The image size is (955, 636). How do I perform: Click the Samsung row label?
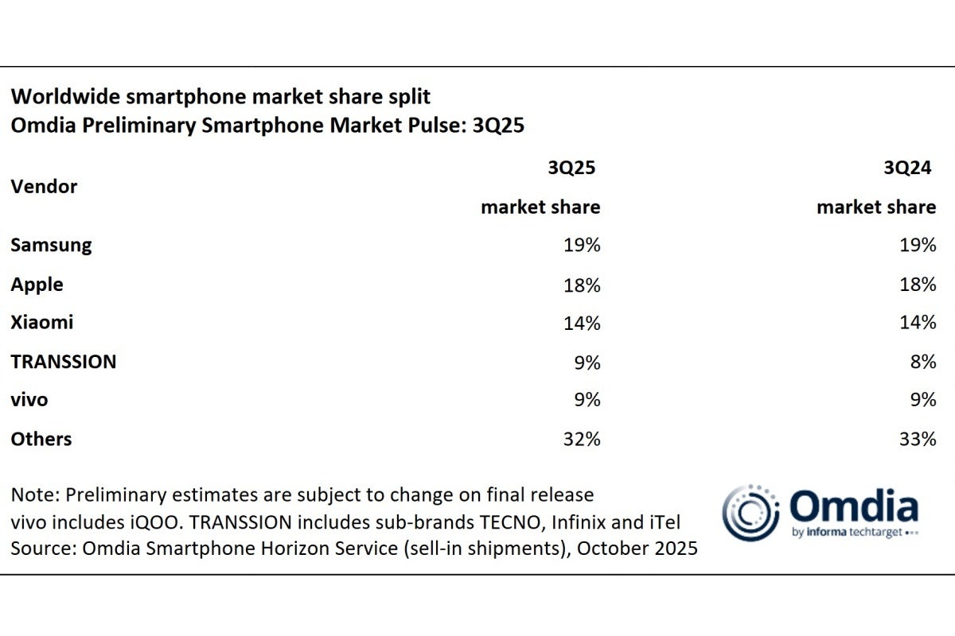(x=51, y=245)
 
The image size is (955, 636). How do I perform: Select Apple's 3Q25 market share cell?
(x=582, y=284)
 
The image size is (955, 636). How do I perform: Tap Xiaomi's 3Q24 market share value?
(x=918, y=322)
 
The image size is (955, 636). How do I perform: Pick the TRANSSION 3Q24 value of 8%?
(x=923, y=361)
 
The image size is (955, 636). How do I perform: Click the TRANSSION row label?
(x=64, y=361)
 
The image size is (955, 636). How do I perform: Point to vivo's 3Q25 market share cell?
(x=587, y=400)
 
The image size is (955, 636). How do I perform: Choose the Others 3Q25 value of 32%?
(x=582, y=438)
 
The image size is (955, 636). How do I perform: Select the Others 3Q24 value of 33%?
(x=918, y=438)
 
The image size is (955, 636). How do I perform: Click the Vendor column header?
(x=44, y=187)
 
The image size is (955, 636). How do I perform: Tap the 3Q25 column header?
(x=571, y=168)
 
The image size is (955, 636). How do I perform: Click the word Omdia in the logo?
(x=853, y=506)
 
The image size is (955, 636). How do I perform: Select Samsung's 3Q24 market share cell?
(x=918, y=245)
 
